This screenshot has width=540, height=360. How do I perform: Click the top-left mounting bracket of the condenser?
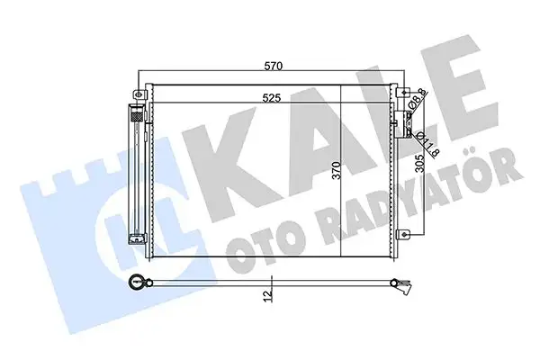coord(139,94)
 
